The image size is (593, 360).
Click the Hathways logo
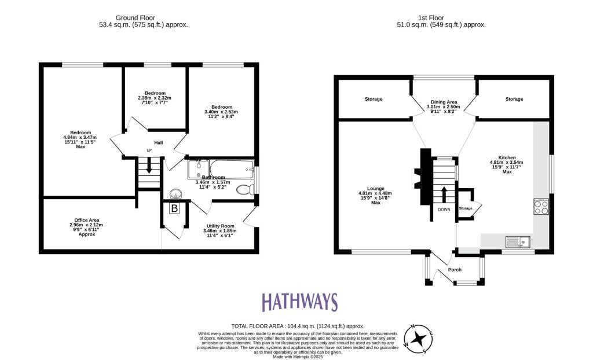(x=299, y=302)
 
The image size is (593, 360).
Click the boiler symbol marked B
(x=174, y=208)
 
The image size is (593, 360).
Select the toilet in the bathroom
(x=246, y=189)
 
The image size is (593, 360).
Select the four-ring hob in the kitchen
(x=541, y=207)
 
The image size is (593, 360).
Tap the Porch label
(x=455, y=269)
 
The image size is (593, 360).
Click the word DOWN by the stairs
(x=444, y=210)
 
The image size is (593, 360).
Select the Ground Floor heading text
(x=143, y=21)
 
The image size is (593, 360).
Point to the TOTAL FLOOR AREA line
(x=298, y=326)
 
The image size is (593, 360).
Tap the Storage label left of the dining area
(x=374, y=99)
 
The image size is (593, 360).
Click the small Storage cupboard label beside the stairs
(x=466, y=208)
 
